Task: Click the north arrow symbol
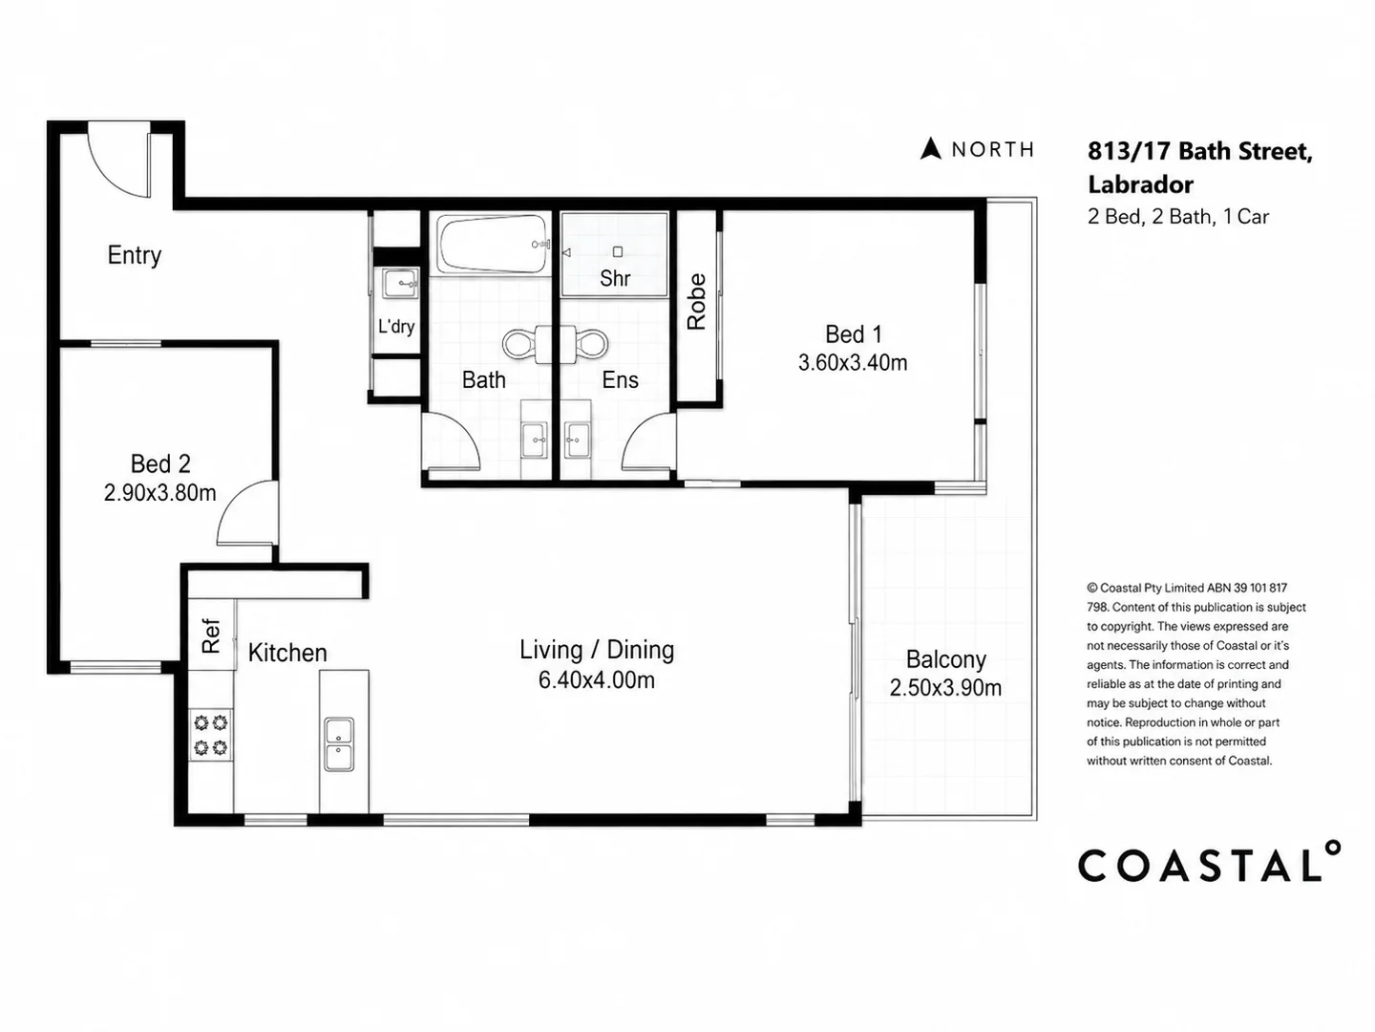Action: [x=931, y=148]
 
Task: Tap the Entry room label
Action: [x=134, y=255]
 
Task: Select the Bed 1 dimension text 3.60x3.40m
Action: [x=853, y=362]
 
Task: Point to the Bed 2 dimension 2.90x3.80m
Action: [x=159, y=492]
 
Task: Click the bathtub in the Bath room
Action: [x=493, y=245]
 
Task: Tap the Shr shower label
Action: [x=615, y=278]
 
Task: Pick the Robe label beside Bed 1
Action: [x=697, y=302]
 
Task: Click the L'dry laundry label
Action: [x=396, y=327]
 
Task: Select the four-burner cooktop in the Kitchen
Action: [x=210, y=735]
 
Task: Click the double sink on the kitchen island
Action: [x=339, y=744]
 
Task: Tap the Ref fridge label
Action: [x=211, y=636]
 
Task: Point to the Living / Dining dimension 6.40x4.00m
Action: [x=597, y=679]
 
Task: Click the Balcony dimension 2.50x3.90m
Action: [x=945, y=688]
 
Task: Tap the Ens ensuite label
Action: [x=620, y=379]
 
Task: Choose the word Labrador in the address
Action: [x=1141, y=184]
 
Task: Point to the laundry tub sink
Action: [x=399, y=285]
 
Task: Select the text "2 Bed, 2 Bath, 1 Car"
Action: [x=1178, y=217]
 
